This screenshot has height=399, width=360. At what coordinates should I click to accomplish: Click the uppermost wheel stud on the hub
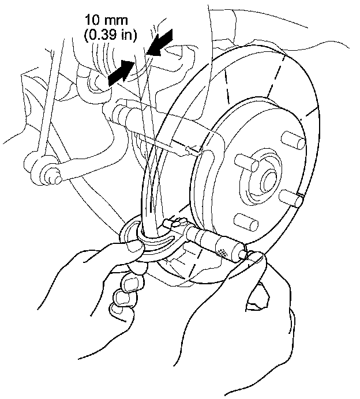(294, 140)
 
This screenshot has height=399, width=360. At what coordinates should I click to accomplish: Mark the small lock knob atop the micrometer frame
(172, 221)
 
